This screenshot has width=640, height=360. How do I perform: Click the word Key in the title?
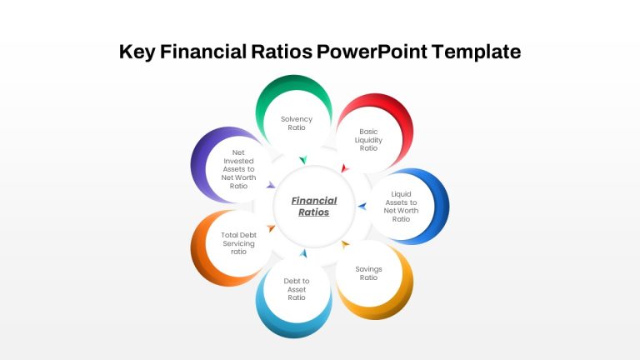click(x=137, y=52)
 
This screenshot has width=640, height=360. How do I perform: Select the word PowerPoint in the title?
click(x=372, y=52)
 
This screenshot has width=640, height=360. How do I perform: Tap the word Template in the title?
click(x=477, y=52)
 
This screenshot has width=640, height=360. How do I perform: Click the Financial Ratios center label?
click(x=314, y=206)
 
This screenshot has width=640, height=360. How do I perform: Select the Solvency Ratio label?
click(x=297, y=123)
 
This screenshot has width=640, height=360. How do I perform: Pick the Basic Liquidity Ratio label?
click(x=368, y=140)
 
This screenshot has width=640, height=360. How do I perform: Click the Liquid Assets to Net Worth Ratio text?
click(x=401, y=207)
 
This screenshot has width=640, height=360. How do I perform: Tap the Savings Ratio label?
click(x=368, y=273)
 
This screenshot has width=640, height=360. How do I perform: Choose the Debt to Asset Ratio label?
click(x=297, y=289)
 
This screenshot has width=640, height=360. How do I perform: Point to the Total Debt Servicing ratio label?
click(x=239, y=243)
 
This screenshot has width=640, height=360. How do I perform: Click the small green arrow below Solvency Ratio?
click(x=302, y=160)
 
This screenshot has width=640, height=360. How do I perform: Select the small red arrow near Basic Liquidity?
click(x=344, y=168)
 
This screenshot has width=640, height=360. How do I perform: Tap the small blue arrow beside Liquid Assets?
click(x=362, y=207)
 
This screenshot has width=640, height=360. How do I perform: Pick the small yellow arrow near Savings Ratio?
click(x=345, y=244)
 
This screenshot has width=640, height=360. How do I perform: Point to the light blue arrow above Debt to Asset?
click(x=303, y=253)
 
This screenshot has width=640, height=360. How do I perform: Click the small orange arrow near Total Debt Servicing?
click(x=271, y=228)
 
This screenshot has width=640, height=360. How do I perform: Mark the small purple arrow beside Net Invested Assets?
click(x=271, y=185)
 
